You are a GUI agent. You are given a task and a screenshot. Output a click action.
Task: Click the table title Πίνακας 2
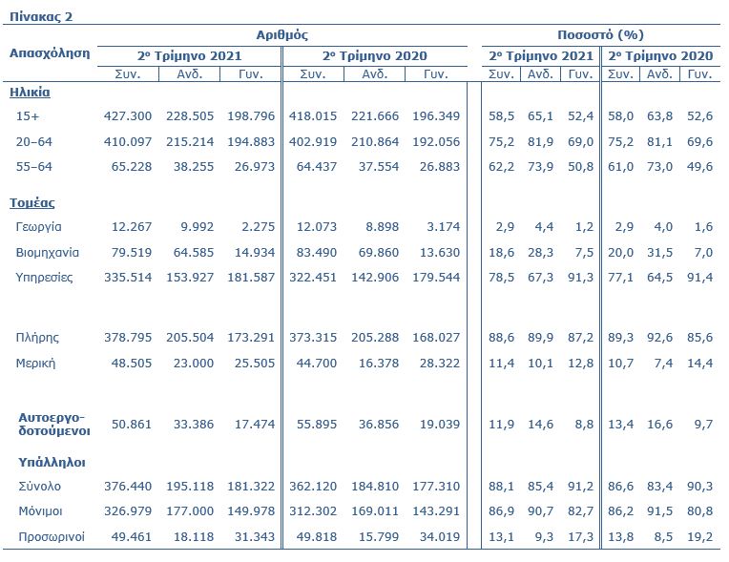(x=41, y=17)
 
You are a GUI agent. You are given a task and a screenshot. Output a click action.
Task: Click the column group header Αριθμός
(x=281, y=35)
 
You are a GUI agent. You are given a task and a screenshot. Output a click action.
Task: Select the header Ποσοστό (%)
(x=600, y=35)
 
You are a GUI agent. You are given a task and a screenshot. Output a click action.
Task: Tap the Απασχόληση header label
(x=50, y=53)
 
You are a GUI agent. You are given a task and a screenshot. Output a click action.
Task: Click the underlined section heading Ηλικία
(x=30, y=92)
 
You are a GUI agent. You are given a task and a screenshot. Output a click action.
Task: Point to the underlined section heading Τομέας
(x=32, y=203)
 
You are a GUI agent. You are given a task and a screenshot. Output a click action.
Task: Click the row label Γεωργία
(x=38, y=227)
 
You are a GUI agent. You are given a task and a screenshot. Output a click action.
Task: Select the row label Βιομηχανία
(x=48, y=253)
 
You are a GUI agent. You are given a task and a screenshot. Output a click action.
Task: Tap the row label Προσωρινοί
(x=52, y=537)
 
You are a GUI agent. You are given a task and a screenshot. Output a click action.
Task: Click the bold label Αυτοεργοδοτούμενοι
(x=54, y=424)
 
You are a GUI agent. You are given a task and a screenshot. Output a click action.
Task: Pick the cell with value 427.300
(x=128, y=115)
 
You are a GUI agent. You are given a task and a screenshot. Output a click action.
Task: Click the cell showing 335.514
(x=128, y=278)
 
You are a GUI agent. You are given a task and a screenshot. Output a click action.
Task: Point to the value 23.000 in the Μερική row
(x=194, y=363)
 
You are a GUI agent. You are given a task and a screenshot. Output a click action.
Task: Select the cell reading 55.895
(x=317, y=424)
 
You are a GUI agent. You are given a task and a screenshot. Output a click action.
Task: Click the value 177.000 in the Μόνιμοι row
(x=190, y=511)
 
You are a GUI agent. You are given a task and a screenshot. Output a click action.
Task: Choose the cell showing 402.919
(x=313, y=142)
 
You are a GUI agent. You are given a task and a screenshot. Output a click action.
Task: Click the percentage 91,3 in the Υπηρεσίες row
(x=581, y=278)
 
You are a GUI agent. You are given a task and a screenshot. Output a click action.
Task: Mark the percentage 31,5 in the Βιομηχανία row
(x=659, y=253)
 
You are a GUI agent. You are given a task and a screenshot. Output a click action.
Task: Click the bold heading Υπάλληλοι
(x=52, y=463)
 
